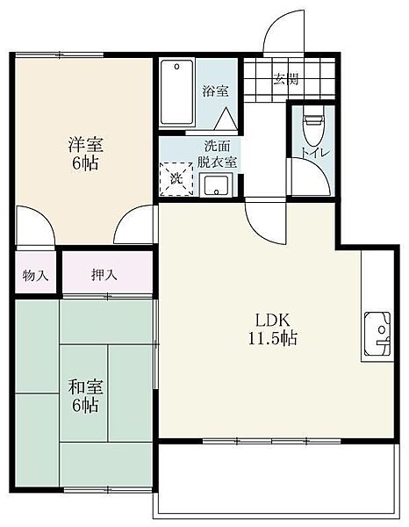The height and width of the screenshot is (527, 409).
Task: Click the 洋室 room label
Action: (86, 145)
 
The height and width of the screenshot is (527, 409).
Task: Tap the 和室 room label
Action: (85, 386)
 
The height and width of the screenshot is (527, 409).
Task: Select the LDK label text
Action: (273, 321)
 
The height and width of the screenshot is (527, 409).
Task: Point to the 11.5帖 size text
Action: (273, 338)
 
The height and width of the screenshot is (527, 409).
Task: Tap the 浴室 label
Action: (216, 91)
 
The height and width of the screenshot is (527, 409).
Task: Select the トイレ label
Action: (315, 153)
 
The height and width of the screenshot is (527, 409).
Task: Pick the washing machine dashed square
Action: (176, 179)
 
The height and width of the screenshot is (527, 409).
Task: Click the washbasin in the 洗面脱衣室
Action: (216, 185)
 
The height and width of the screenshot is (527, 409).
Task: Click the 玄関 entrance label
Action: (285, 79)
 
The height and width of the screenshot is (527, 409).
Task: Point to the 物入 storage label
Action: (36, 277)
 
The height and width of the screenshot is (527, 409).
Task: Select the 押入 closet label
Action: (104, 275)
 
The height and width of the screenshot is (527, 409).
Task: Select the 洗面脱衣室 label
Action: (217, 155)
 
